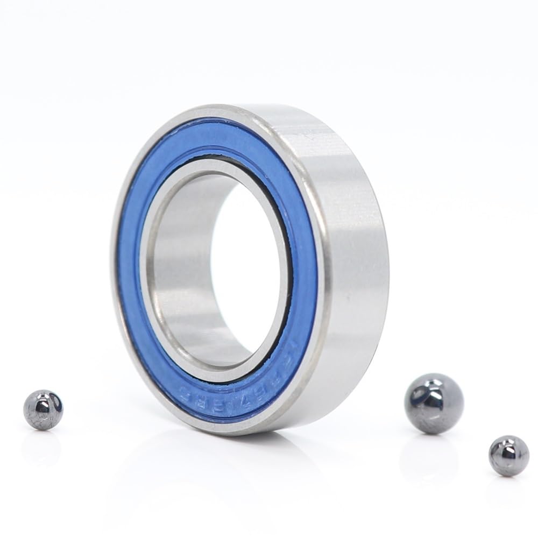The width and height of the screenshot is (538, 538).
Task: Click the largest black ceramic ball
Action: tap(434, 403)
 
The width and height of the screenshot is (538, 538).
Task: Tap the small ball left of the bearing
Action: tap(43, 410)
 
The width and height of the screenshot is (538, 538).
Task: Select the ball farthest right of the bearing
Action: tap(509, 456)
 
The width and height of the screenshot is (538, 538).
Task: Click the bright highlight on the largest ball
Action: tap(425, 395)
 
